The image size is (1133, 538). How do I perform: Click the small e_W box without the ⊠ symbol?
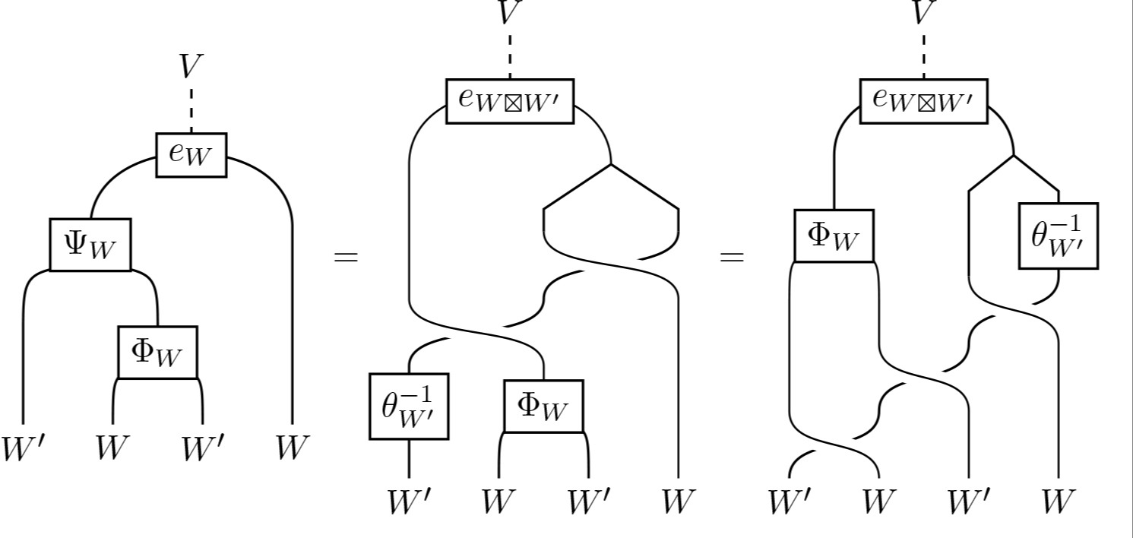(x=191, y=154)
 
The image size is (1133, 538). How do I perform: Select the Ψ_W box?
(x=90, y=245)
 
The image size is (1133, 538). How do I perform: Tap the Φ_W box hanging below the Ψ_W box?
(x=157, y=353)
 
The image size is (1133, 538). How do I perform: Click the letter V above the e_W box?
(x=190, y=68)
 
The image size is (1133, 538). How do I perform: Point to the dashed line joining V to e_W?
(x=191, y=109)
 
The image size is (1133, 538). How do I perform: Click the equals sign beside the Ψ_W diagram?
(x=346, y=257)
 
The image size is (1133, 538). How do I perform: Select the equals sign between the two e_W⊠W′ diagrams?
(x=732, y=257)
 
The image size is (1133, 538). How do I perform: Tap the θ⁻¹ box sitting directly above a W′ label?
(x=409, y=406)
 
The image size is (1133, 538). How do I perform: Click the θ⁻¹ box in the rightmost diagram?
(x=1058, y=236)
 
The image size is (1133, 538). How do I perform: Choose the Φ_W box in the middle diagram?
(x=543, y=405)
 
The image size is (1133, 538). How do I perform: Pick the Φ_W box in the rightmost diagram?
(x=834, y=236)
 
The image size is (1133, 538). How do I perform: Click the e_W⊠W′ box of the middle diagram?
(x=509, y=100)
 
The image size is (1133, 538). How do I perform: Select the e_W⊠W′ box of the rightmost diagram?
(x=923, y=100)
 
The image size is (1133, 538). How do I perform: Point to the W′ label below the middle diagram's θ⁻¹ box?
(x=410, y=502)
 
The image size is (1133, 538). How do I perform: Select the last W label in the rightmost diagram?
(x=1058, y=502)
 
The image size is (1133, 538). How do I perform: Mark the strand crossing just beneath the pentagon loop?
(x=611, y=263)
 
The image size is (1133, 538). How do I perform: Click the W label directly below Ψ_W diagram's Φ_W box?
(x=112, y=448)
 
